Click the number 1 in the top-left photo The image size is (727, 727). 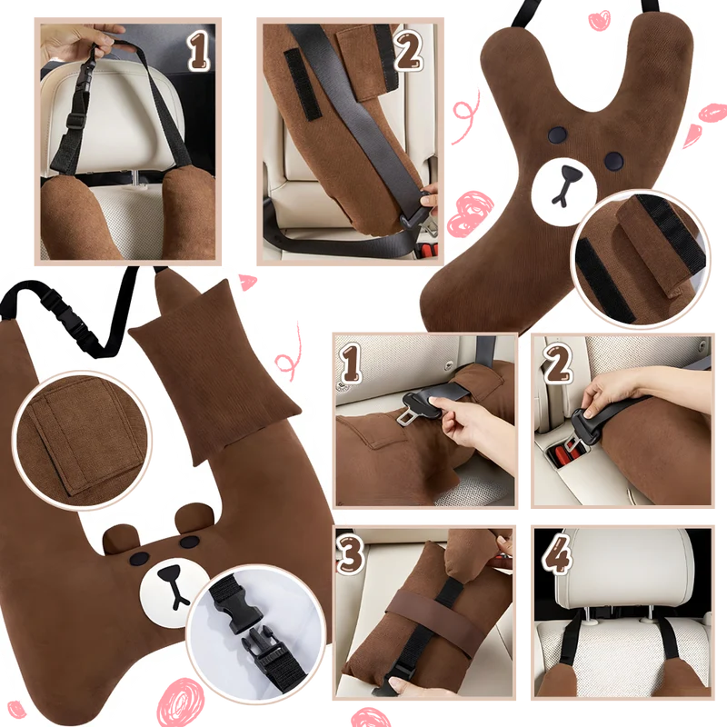tap(199, 50)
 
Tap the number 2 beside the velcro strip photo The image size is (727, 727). tap(409, 50)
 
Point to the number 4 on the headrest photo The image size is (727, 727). tap(556, 553)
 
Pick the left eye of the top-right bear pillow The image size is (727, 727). tap(557, 134)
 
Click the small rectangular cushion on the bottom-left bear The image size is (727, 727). tap(215, 371)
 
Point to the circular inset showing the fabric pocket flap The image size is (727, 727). tap(82, 440)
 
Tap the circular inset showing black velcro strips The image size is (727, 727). tap(641, 259)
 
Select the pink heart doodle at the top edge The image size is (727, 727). tap(599, 20)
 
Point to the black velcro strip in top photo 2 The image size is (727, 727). tap(302, 84)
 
